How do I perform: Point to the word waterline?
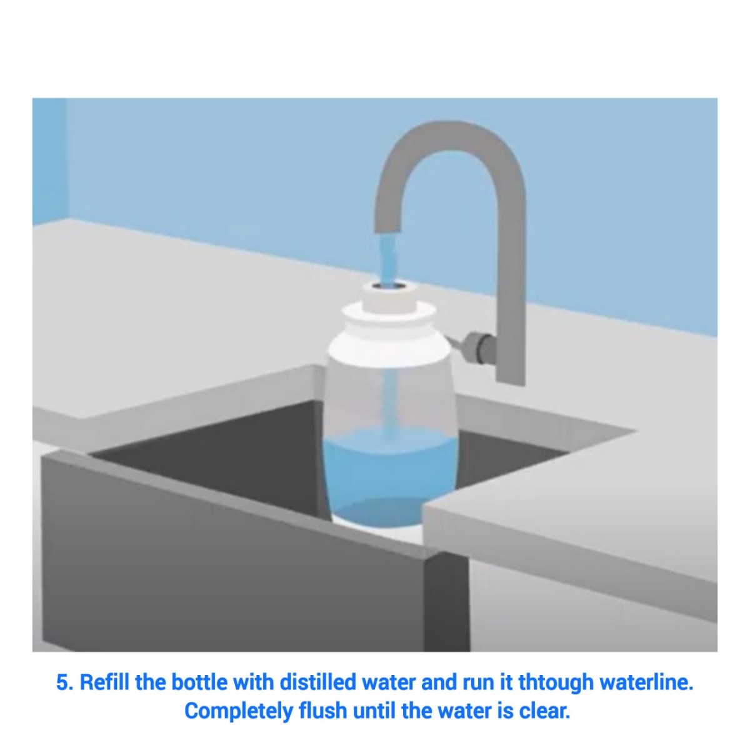click(x=647, y=682)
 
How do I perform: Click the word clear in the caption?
click(x=544, y=711)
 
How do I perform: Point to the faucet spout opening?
click(x=389, y=230)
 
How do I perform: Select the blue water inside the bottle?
click(x=389, y=475)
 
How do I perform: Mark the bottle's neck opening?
click(x=389, y=285)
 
